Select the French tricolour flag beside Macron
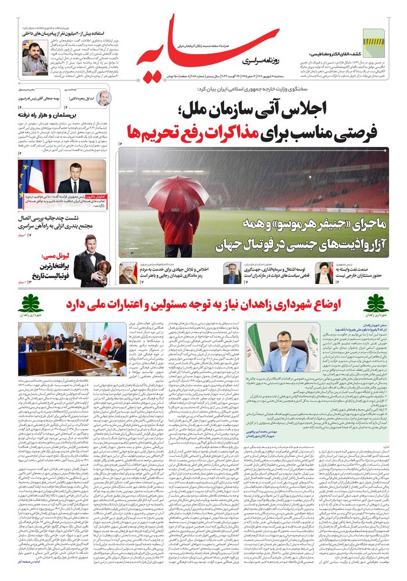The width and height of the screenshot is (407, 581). coord(30,177)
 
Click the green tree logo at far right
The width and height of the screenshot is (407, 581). coord(376,303)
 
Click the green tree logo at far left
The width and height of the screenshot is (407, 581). coord(31,303)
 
